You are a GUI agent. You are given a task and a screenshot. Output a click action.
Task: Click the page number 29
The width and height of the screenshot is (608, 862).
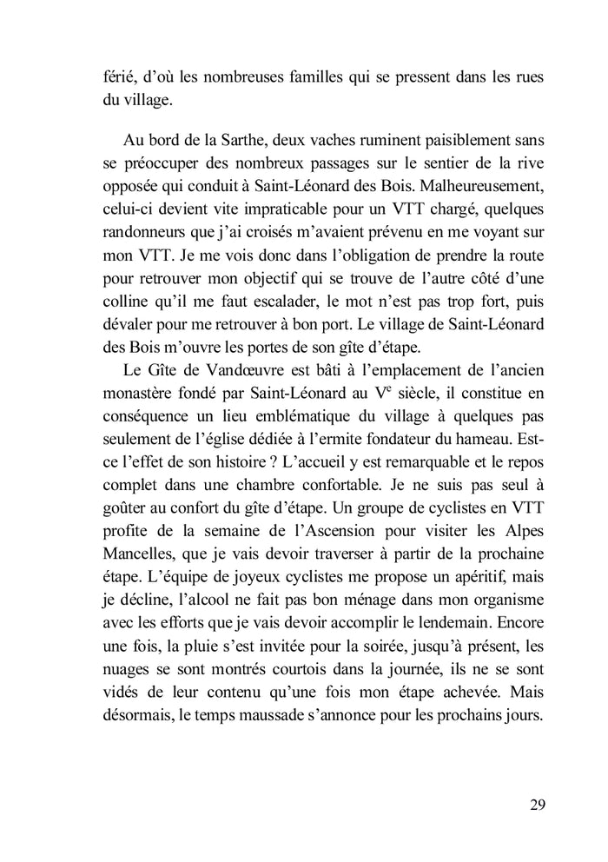tap(536, 803)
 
